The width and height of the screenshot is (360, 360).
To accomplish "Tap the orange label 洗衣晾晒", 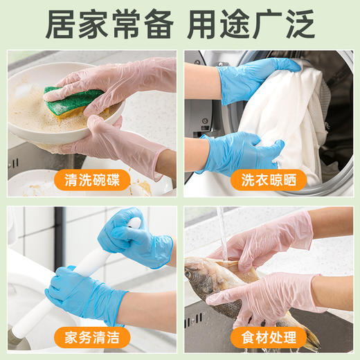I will click(269, 180).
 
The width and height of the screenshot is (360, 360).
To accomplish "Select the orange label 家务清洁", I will click(90, 339).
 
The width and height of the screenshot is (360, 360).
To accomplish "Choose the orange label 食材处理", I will click(269, 339).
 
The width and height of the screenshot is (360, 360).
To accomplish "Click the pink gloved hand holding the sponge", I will click(118, 83).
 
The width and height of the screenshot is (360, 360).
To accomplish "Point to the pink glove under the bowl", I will click(125, 142).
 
